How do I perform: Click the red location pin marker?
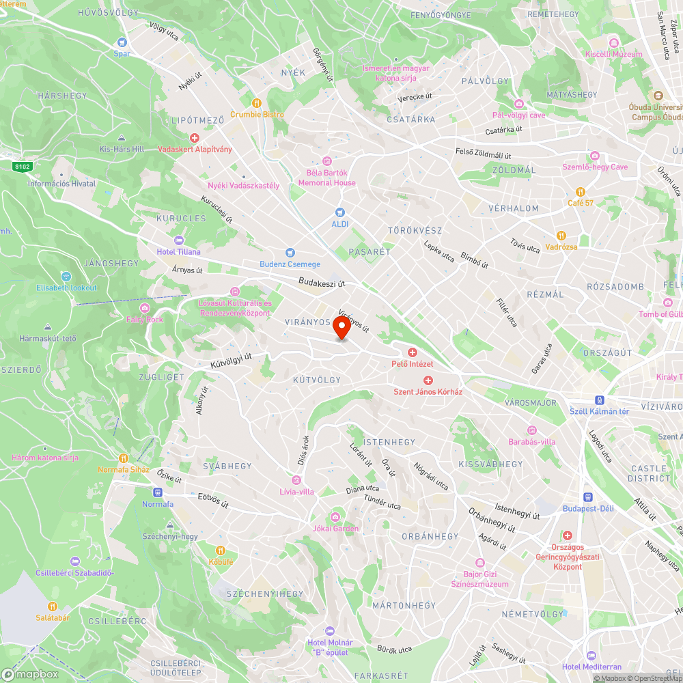pyautogui.click(x=341, y=328)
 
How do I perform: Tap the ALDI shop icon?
pyautogui.click(x=340, y=212)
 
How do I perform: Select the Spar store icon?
pyautogui.click(x=122, y=42)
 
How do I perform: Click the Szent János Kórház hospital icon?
pyautogui.click(x=428, y=380)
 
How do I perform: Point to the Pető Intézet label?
pyautogui.click(x=412, y=364)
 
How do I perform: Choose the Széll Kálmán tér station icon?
pyautogui.click(x=600, y=400)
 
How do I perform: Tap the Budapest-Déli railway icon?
pyautogui.click(x=588, y=497)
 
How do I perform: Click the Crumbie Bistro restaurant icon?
pyautogui.click(x=257, y=102)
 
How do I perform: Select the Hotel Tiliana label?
pyautogui.click(x=179, y=252)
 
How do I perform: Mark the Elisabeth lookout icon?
pyautogui.click(x=66, y=277)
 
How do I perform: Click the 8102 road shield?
pyautogui.click(x=23, y=166)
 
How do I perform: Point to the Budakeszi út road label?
pyautogui.click(x=322, y=282)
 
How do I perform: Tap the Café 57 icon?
pyautogui.click(x=581, y=192)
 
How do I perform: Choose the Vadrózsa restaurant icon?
pyautogui.click(x=561, y=236)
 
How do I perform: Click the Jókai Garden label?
pyautogui.click(x=335, y=529)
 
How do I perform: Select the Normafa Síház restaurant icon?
pyautogui.click(x=124, y=458)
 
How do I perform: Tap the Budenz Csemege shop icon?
pyautogui.click(x=290, y=253)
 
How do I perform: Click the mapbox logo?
pyautogui.click(x=30, y=674)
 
